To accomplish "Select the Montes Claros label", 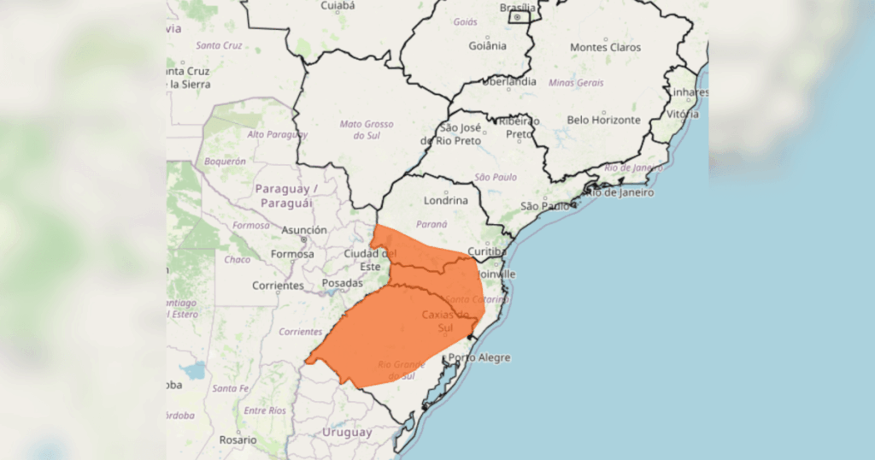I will point(605,47).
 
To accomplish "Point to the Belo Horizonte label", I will point(604,121).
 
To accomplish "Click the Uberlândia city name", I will point(510,82).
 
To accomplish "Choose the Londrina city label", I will point(446,201).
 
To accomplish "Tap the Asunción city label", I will point(303,230).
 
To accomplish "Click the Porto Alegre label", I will point(479,357).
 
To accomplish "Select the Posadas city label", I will point(343,283).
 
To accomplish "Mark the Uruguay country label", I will point(347,433).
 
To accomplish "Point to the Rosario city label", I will point(237,439).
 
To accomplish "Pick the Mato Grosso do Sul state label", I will point(367,130).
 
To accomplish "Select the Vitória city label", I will point(683,114).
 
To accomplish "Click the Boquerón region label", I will point(226,161).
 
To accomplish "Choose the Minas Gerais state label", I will point(576,83).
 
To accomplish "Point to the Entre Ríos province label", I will point(265,410).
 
